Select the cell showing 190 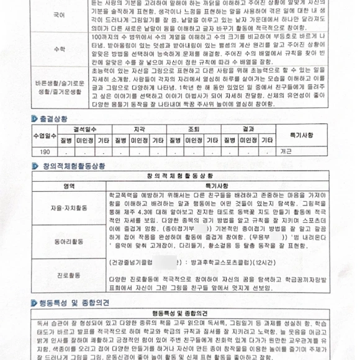(45, 151)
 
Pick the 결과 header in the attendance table (248, 130)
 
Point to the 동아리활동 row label (69, 239)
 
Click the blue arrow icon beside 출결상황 (35, 118)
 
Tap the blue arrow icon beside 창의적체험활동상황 (35, 166)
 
